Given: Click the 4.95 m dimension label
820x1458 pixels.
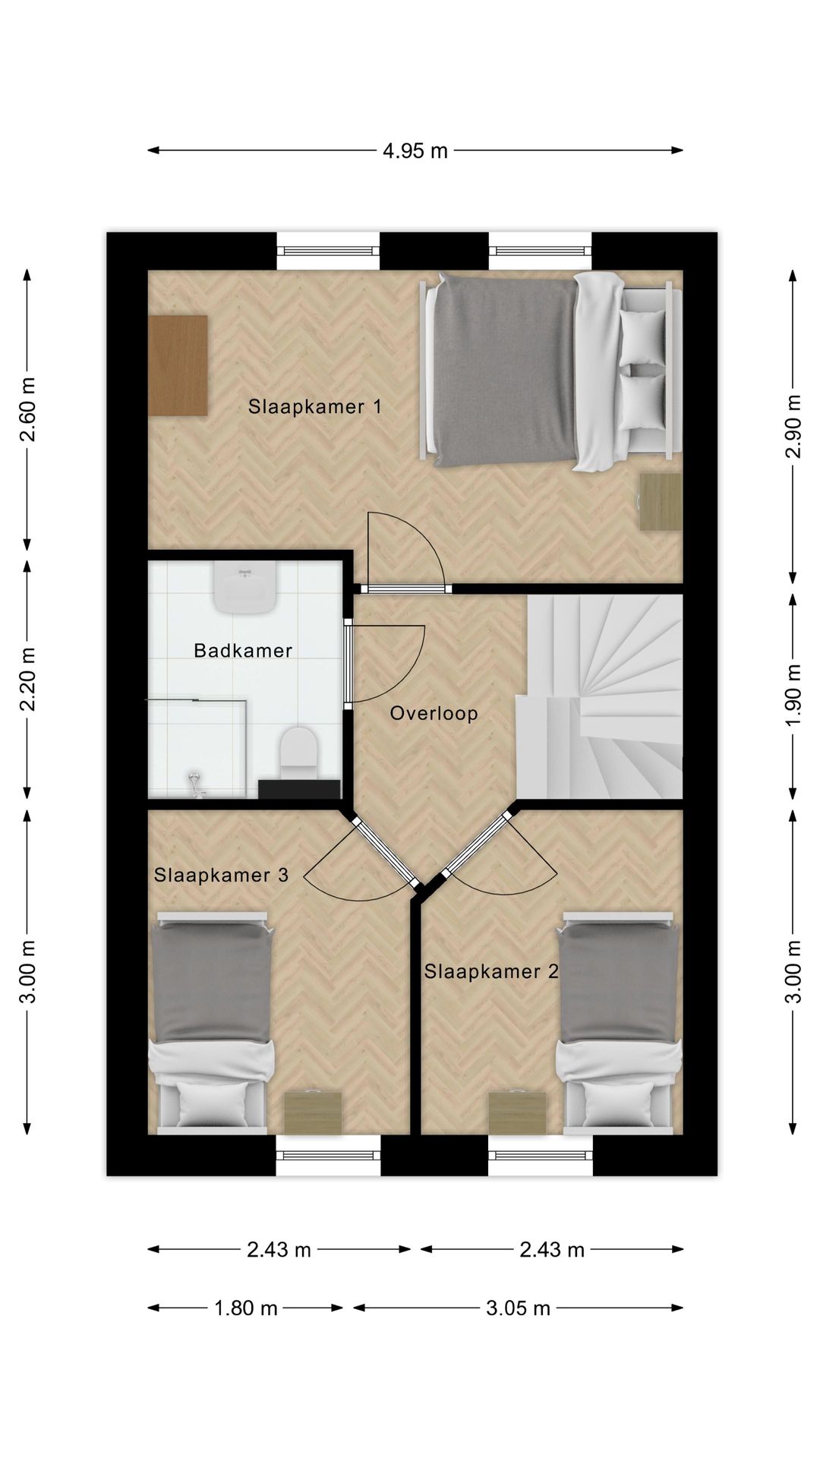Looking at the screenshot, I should [415, 151].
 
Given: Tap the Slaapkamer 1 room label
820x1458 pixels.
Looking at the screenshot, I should [314, 407].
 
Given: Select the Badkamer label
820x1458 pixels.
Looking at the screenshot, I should [243, 651].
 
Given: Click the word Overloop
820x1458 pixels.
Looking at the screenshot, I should [434, 714].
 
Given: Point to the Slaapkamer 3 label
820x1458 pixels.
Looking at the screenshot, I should [221, 876].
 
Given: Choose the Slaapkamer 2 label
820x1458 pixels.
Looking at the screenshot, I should [491, 972].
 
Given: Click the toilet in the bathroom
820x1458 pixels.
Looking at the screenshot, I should [298, 752].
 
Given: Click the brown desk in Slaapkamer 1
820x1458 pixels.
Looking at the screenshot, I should [178, 365].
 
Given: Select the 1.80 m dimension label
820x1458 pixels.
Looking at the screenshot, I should [245, 1308].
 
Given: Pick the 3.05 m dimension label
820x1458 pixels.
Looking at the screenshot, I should [518, 1308].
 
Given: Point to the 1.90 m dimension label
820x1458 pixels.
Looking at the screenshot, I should [793, 695].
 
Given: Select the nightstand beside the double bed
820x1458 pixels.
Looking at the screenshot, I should [660, 502].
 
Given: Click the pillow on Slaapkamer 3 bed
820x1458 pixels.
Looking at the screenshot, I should [213, 1103].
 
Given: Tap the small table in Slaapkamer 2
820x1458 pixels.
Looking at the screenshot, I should [517, 1113].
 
